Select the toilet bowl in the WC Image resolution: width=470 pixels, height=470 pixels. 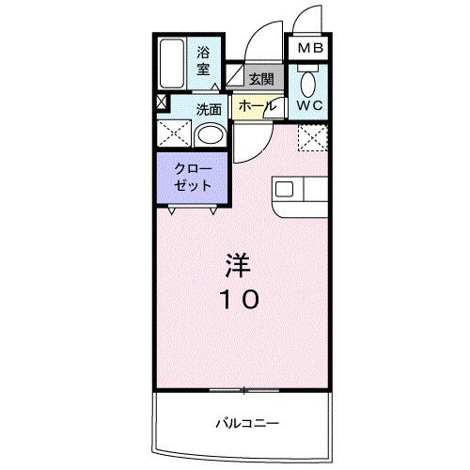pos(306,81)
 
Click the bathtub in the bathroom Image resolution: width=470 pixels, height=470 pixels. pos(171,64)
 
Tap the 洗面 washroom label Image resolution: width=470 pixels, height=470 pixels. pos(209,108)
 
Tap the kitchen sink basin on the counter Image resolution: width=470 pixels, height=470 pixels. pos(285,189)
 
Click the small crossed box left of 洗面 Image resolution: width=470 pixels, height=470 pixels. pos(161,102)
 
